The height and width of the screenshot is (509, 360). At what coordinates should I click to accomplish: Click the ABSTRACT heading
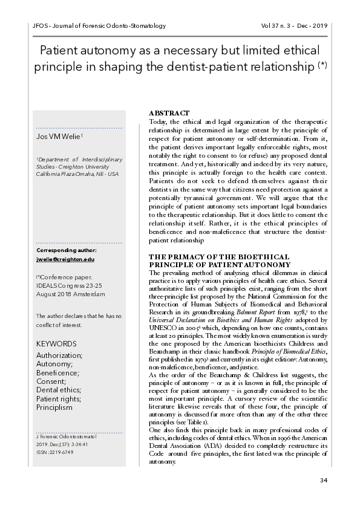pos(169,113)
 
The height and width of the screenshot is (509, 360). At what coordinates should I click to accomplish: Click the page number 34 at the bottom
pos(322,480)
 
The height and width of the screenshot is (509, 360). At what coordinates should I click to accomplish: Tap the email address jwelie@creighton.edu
pos(65,259)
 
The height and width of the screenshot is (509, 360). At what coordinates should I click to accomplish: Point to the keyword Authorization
pos(60,355)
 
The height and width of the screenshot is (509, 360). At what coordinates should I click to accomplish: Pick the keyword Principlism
pos(54,407)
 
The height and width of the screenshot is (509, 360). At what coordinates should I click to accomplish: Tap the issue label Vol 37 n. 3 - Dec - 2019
pos(293,26)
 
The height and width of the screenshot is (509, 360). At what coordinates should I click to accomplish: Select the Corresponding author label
pos(66,250)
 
